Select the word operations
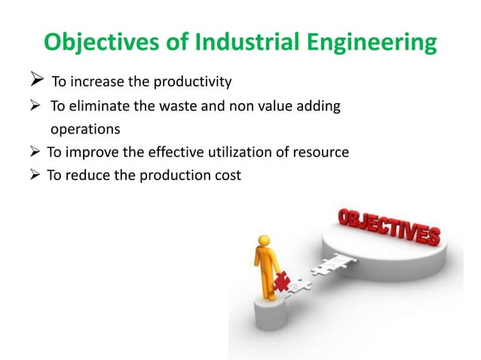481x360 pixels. coord(85,129)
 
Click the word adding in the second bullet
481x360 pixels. coord(321,107)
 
